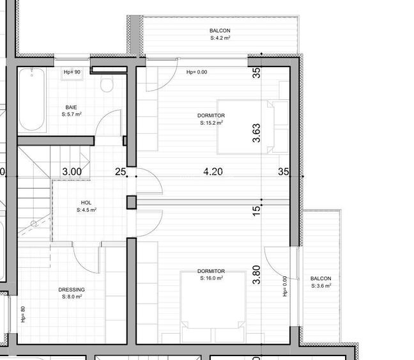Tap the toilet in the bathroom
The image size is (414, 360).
pos(107,82)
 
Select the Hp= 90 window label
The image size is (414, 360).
pos(72,72)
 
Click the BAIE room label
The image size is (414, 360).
pos(72,107)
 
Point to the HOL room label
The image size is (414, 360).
pos(86,202)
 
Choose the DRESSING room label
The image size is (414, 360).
pos(72,290)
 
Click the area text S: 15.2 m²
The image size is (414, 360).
pos(211,123)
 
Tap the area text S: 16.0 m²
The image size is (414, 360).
pos(211,278)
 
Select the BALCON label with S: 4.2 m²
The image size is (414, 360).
pos(220,38)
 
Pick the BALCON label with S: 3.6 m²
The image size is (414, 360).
pos(321,286)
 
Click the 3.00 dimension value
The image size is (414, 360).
pos(72,171)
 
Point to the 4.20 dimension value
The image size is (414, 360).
pos(213,171)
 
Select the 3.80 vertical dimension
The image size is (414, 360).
pos(256,274)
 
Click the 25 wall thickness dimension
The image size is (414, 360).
pos(119,171)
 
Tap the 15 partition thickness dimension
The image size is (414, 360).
pos(256,208)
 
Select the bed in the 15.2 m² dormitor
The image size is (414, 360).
pos(245,126)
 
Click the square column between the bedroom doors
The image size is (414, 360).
pos(131,203)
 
